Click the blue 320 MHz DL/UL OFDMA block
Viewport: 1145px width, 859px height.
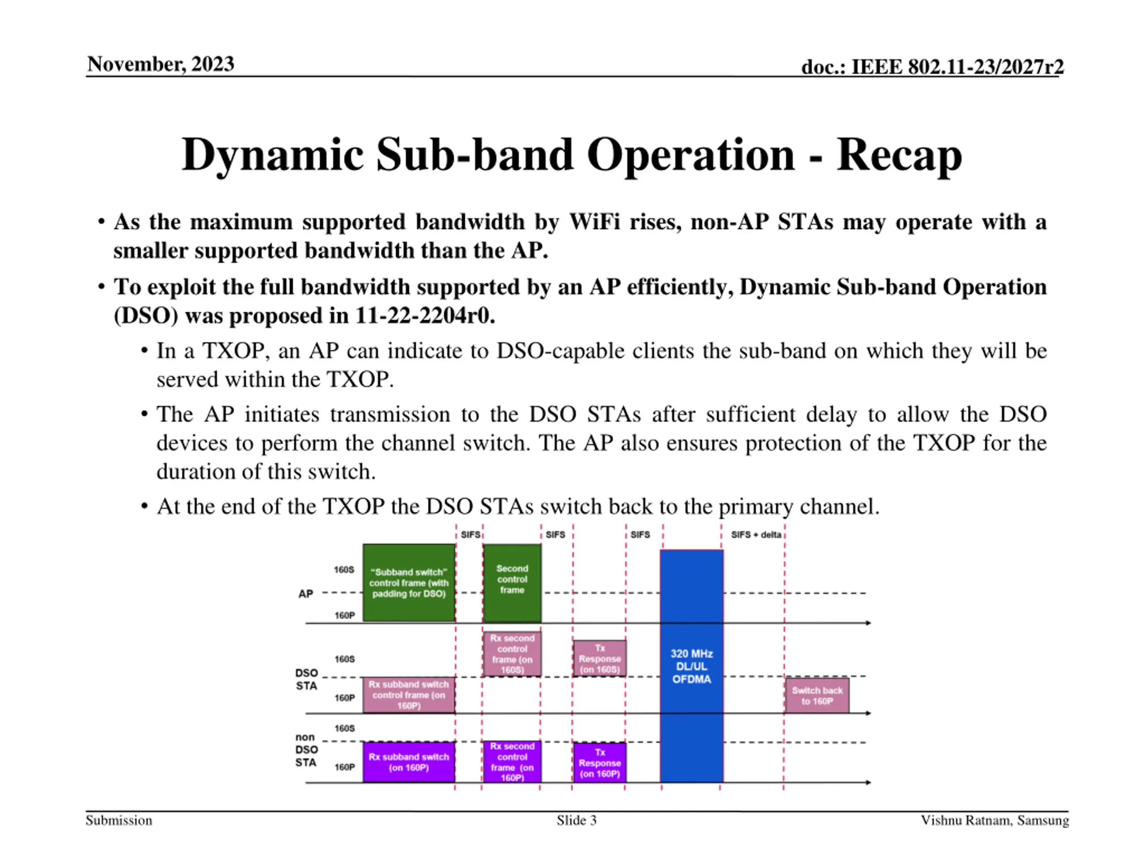tap(691, 666)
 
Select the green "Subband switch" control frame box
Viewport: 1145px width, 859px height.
tap(408, 583)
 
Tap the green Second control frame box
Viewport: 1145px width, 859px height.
tap(512, 583)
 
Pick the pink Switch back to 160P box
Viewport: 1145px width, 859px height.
tap(817, 695)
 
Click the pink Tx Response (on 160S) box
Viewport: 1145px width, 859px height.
tap(599, 658)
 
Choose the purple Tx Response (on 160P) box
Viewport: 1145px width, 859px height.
tap(599, 762)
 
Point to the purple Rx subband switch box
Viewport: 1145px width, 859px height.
tap(408, 761)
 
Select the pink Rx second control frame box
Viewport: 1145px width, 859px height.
tap(512, 654)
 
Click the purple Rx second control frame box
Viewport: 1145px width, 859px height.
tap(512, 761)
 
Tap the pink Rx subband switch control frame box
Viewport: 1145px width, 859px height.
tap(408, 695)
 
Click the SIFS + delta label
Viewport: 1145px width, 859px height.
tap(756, 534)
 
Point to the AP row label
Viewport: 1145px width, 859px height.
tap(305, 594)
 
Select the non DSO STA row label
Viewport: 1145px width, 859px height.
tap(305, 750)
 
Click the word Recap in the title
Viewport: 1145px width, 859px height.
tap(899, 155)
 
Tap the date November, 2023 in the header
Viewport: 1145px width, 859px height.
tap(161, 64)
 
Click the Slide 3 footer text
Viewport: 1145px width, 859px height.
tap(576, 820)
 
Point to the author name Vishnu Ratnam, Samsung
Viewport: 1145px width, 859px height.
tap(994, 820)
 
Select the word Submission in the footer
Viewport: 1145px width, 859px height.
tap(119, 820)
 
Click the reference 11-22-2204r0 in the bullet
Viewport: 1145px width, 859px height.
tap(424, 315)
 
